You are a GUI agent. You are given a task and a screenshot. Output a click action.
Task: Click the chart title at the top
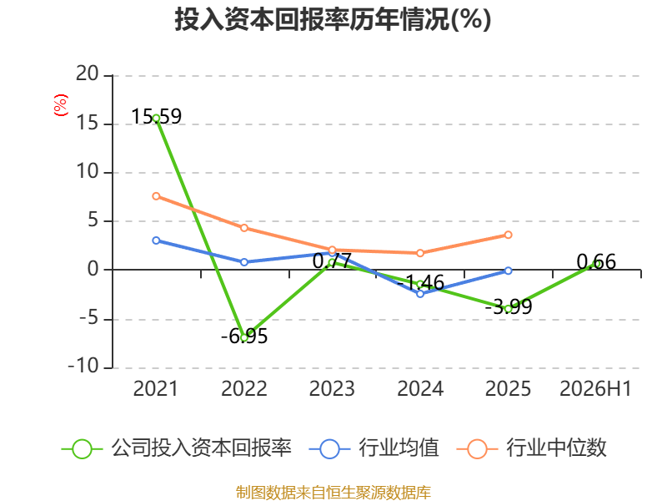pyautogui.click(x=333, y=19)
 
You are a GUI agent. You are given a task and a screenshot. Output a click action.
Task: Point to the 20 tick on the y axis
pyautogui.click(x=88, y=73)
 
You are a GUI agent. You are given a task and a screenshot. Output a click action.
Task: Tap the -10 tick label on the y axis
pyautogui.click(x=83, y=366)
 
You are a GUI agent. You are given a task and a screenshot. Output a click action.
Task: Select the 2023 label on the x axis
pyautogui.click(x=332, y=388)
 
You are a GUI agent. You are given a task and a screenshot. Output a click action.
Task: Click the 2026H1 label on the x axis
pyautogui.click(x=595, y=388)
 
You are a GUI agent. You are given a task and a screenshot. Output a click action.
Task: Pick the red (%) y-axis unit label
pyautogui.click(x=61, y=105)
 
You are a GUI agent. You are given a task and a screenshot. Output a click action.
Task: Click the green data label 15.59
pyautogui.click(x=157, y=116)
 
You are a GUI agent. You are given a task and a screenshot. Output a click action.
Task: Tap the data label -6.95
pyautogui.click(x=244, y=337)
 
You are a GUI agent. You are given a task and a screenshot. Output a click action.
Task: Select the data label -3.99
pyautogui.click(x=509, y=306)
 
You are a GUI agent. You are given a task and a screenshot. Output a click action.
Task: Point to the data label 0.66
pyautogui.click(x=596, y=261)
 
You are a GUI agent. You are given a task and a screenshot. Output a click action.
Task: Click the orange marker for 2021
pyautogui.click(x=156, y=196)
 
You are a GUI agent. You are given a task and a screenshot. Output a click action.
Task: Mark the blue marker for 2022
pyautogui.click(x=244, y=262)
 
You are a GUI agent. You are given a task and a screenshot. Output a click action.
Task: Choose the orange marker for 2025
pyautogui.click(x=509, y=235)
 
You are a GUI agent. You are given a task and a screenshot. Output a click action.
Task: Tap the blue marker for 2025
pyautogui.click(x=509, y=271)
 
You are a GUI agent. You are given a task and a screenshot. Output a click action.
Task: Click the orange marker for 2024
pyautogui.click(x=420, y=253)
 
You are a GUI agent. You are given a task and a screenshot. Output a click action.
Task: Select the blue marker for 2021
pyautogui.click(x=156, y=240)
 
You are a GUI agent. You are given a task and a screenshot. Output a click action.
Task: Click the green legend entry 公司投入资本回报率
pyautogui.click(x=177, y=448)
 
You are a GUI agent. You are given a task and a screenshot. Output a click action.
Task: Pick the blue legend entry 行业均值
pyautogui.click(x=374, y=448)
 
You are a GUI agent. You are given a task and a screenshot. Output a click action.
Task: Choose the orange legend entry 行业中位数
pyautogui.click(x=531, y=448)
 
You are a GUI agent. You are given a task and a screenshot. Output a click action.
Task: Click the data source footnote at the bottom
pyautogui.click(x=333, y=493)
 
